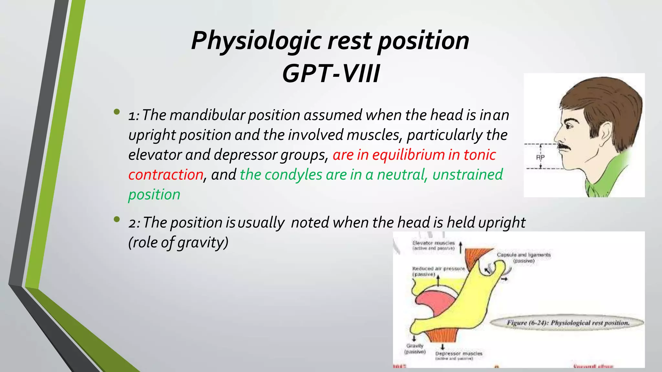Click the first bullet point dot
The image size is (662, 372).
tap(117, 112)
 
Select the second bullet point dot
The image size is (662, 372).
tap(117, 220)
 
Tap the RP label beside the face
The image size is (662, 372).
tap(540, 157)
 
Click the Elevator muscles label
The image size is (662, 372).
tap(433, 243)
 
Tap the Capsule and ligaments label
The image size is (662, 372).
tap(523, 255)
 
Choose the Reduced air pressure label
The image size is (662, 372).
tap(438, 269)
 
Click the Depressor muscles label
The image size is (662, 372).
tap(458, 354)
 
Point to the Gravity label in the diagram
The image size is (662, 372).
tap(415, 346)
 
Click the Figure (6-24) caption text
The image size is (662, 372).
tap(568, 323)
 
